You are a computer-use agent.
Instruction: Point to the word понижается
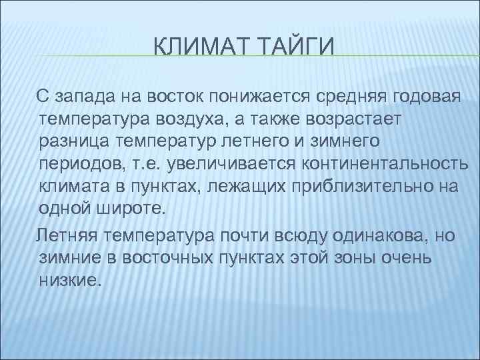pos(256,95)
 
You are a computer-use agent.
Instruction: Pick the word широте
pos(130,209)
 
